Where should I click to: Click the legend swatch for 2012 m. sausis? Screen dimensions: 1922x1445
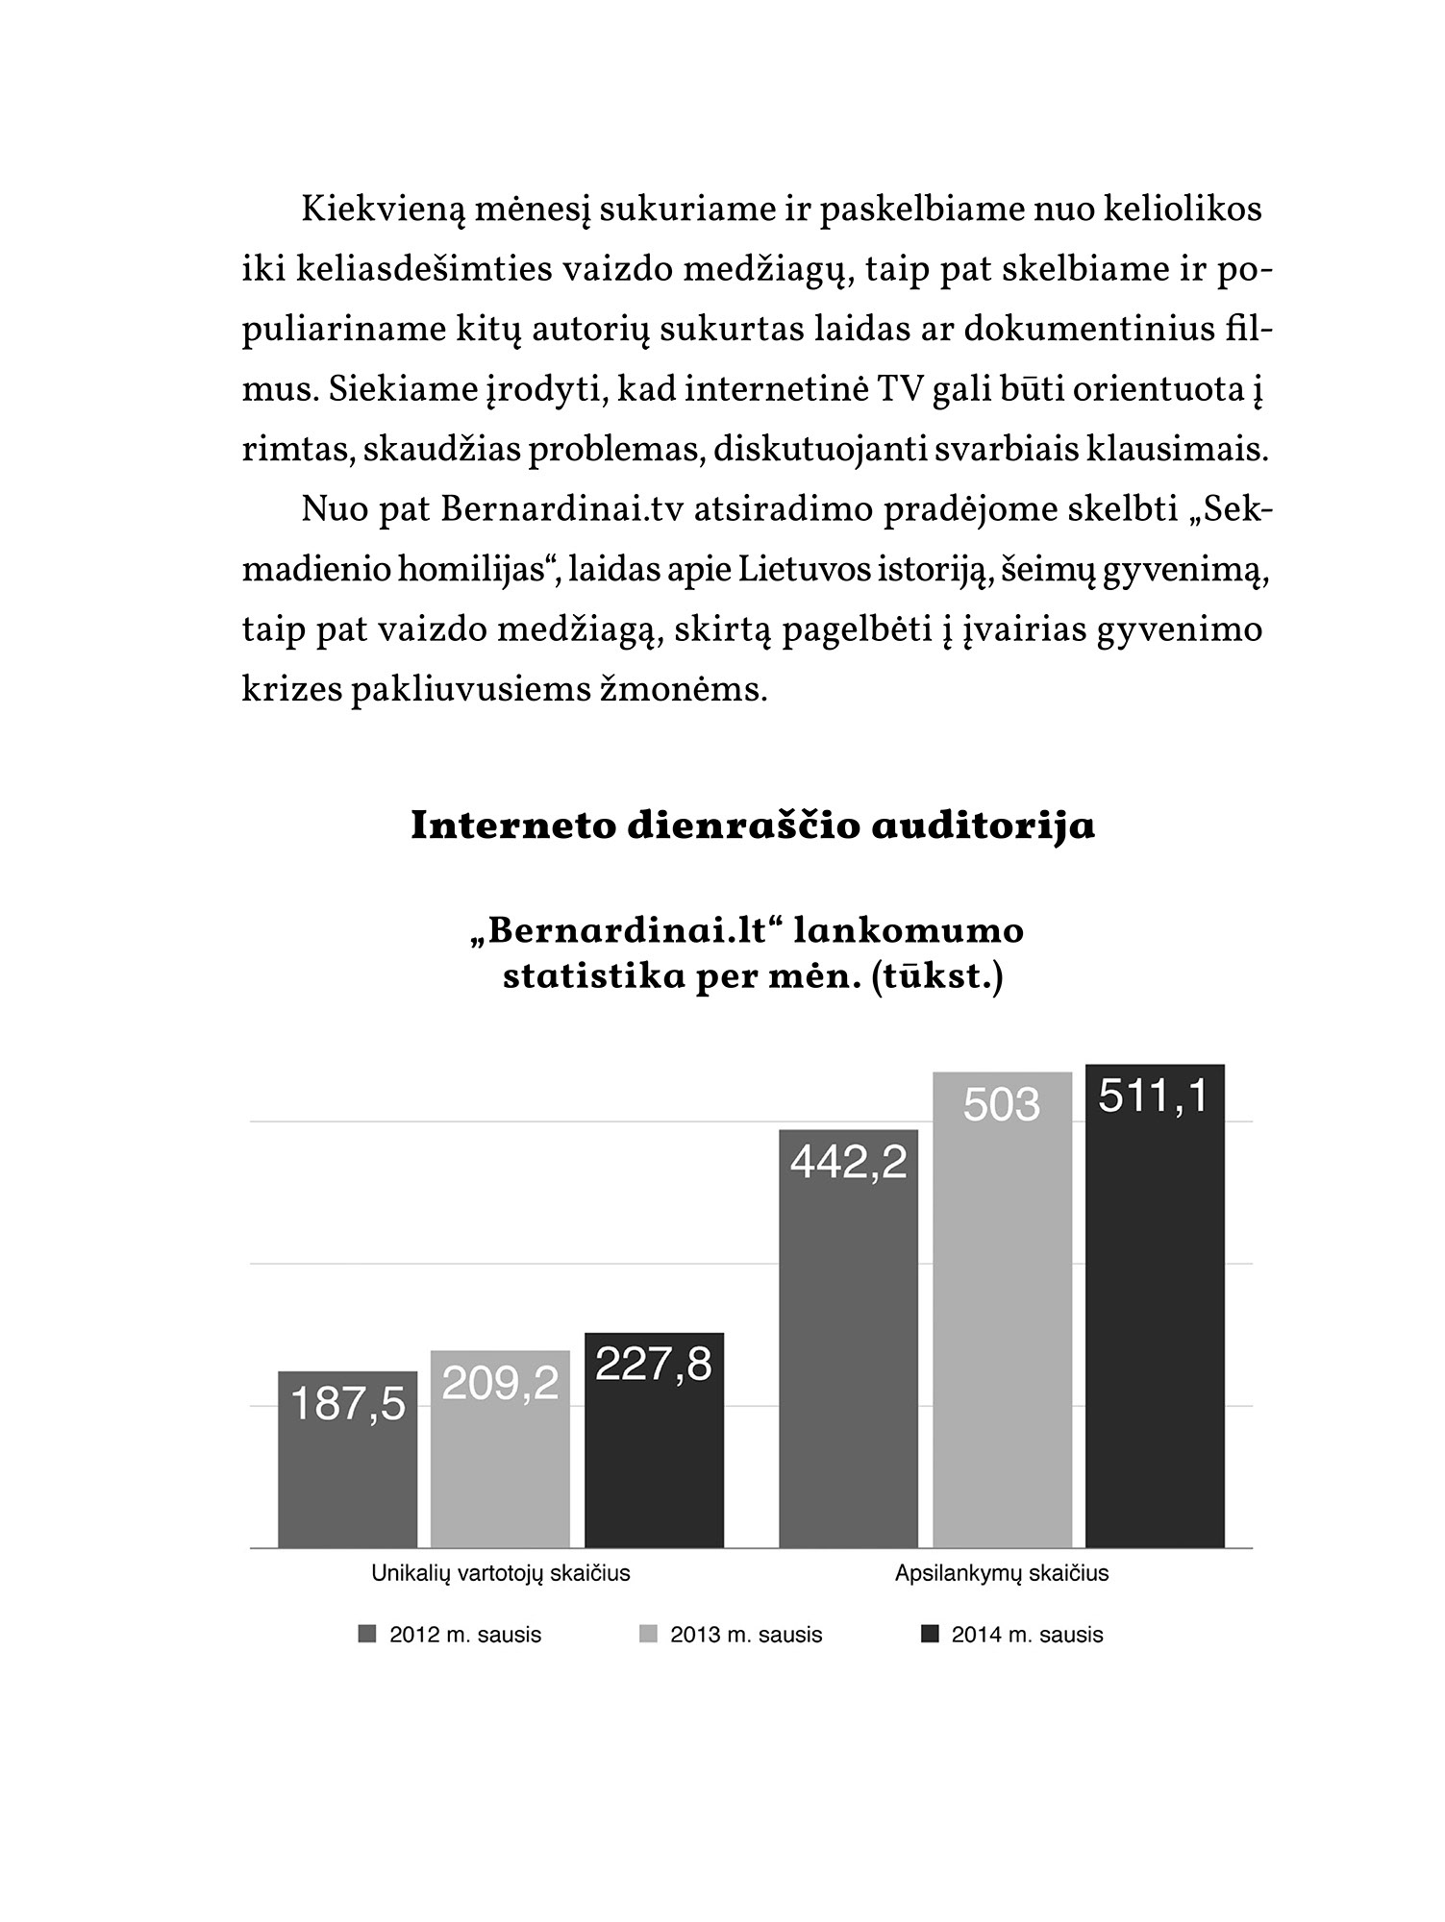point(366,1635)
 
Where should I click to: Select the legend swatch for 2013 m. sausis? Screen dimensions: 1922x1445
point(648,1635)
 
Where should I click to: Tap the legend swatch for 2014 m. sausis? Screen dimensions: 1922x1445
point(929,1635)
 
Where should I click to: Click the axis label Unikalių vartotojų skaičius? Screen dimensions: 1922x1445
point(501,1573)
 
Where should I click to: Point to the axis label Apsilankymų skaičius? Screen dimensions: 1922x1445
point(1002,1573)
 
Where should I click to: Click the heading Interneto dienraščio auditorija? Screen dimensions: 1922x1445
point(753,826)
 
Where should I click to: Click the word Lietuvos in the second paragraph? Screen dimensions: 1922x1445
point(808,570)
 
